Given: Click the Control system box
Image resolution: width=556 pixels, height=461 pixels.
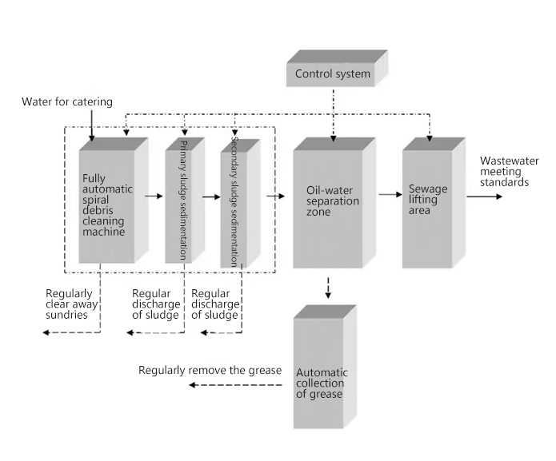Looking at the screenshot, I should [x=333, y=75].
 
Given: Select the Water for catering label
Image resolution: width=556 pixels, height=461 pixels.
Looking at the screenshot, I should [x=67, y=101].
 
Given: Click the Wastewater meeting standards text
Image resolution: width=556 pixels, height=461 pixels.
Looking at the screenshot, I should [x=504, y=171].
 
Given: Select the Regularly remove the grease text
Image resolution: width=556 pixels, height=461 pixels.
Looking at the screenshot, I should [x=210, y=370].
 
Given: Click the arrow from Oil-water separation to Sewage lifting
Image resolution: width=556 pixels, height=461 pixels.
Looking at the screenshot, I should [x=389, y=194].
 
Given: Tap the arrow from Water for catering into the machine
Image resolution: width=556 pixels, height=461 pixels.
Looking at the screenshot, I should [x=93, y=126].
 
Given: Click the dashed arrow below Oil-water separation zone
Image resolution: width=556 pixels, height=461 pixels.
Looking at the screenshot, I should [x=328, y=288].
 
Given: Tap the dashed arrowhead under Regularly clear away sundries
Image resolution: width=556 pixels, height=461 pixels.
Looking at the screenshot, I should [x=47, y=330].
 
